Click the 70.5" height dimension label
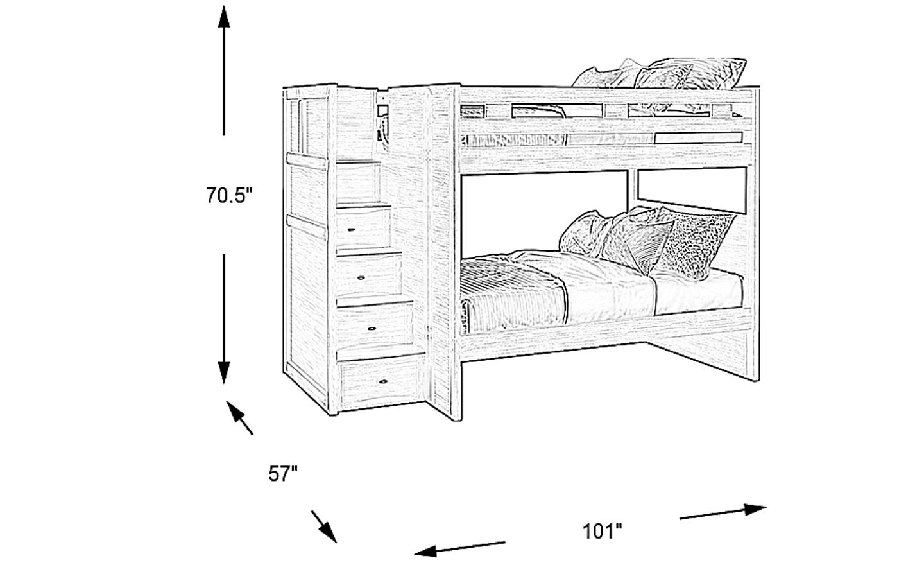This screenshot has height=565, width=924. (x=229, y=195)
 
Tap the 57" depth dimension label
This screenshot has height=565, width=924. (x=283, y=473)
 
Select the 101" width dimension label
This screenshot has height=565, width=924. (x=602, y=531)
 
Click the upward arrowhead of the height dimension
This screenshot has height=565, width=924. (x=224, y=17)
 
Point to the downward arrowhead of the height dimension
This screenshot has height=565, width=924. (x=224, y=372)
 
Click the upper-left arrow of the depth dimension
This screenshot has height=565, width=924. (x=239, y=417)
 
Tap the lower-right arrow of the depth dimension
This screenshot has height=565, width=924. (x=324, y=526)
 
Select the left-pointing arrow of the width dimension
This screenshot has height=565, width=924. (x=459, y=548)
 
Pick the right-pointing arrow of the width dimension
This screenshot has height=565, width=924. (x=723, y=511)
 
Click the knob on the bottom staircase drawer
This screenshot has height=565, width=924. (x=383, y=381)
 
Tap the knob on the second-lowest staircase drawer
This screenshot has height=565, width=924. (x=372, y=329)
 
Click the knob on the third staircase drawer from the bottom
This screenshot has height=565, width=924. (x=361, y=277)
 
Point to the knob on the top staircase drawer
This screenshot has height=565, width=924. (x=351, y=229)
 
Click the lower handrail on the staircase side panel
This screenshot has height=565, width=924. (x=307, y=227)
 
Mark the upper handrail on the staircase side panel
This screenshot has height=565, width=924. (x=307, y=161)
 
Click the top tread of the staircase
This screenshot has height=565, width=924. (x=358, y=162)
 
